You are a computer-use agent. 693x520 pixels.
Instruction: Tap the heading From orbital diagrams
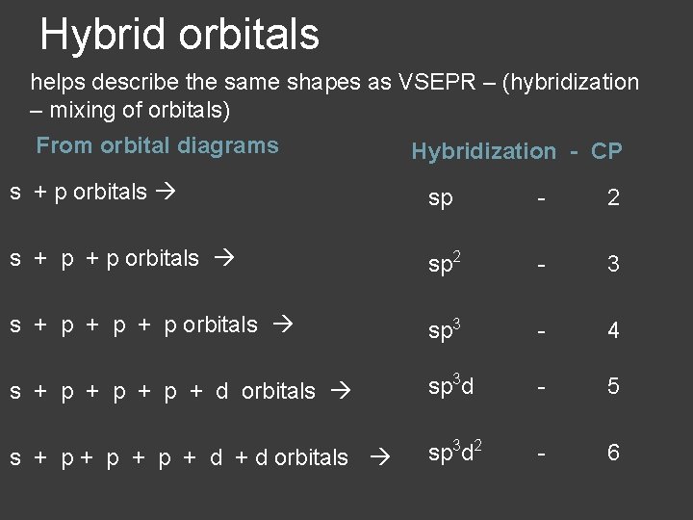pos(157,146)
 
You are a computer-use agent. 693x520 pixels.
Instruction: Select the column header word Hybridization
pos(483,151)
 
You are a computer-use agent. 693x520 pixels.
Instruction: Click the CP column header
pos(606,151)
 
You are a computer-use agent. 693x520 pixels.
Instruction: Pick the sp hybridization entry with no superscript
pos(441,199)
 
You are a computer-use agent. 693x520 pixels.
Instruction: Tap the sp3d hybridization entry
pos(451,387)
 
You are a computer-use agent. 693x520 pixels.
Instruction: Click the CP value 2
pos(613,198)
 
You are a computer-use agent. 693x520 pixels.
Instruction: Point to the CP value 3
pos(613,264)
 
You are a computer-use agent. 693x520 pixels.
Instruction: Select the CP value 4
pos(613,330)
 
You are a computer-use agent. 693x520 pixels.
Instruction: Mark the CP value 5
pos(613,387)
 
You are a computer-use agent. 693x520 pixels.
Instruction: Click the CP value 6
pos(613,453)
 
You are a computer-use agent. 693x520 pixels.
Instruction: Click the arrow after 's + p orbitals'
pos(165,193)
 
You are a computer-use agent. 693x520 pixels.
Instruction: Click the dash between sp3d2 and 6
pos(544,453)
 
